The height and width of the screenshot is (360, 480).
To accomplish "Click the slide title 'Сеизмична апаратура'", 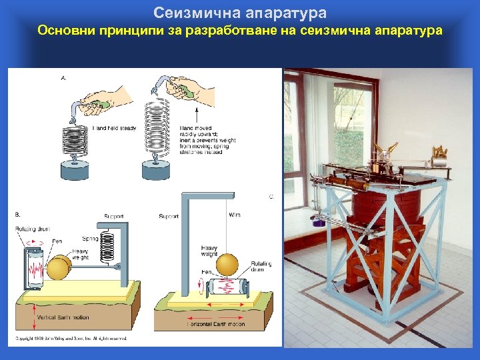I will [240, 13].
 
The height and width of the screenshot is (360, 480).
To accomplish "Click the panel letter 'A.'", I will [64, 77].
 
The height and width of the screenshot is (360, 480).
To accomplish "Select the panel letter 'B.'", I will [17, 214].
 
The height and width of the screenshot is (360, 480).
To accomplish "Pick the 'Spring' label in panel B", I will [89, 238].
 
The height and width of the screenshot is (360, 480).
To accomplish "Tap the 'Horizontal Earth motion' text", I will [217, 324].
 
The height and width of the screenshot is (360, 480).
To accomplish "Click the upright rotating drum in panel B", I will [35, 270].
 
